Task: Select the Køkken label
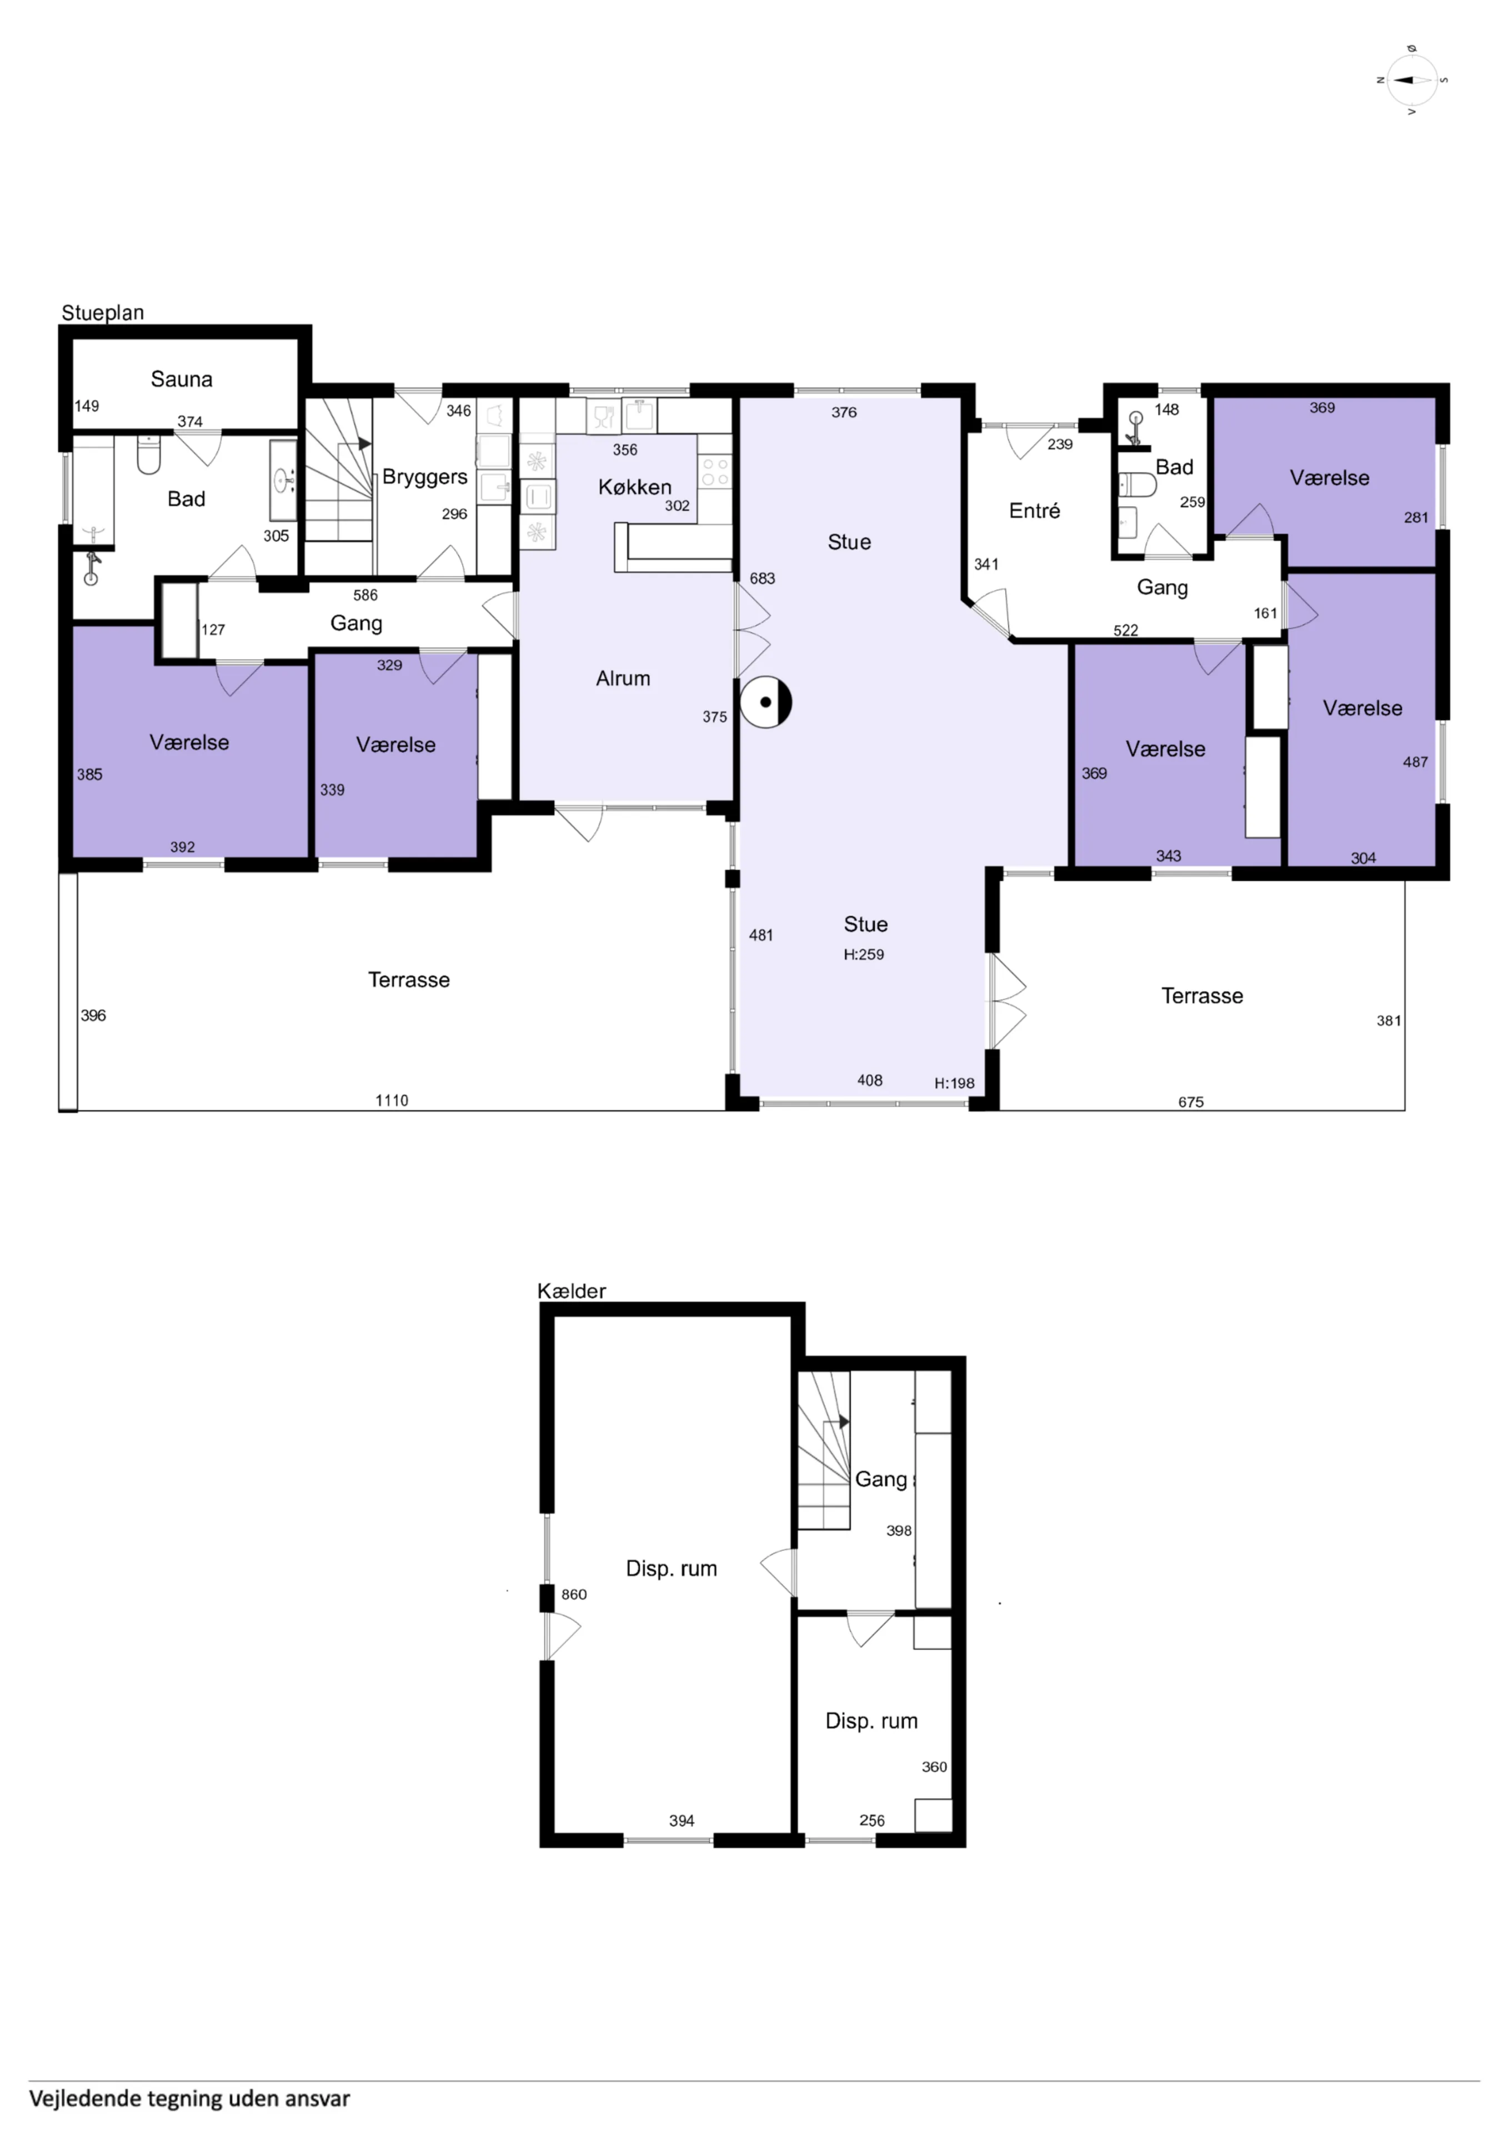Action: click(x=635, y=487)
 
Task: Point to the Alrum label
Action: click(x=623, y=679)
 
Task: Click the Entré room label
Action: click(x=1034, y=510)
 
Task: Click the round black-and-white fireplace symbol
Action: click(x=765, y=702)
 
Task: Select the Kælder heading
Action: click(x=572, y=1291)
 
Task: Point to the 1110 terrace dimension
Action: click(x=391, y=1100)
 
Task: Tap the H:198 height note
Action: click(x=954, y=1083)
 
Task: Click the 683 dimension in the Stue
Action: click(x=762, y=578)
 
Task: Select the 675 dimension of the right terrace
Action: click(x=1190, y=1103)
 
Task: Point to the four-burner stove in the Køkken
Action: click(x=714, y=472)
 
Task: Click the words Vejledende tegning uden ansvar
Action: click(x=189, y=2098)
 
